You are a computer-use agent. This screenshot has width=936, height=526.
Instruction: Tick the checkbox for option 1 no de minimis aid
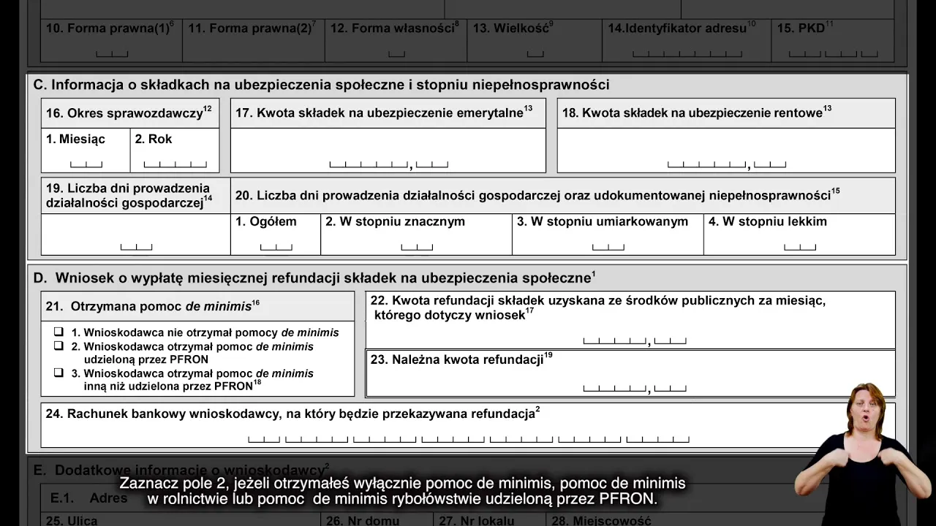pos(59,332)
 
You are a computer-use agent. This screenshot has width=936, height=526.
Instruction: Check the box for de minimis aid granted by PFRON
pos(59,346)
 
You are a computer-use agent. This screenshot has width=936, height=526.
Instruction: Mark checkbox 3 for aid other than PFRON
pos(59,373)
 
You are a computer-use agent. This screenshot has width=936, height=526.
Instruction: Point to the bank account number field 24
pos(468,438)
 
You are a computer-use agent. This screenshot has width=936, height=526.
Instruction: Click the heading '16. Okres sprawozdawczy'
pos(129,113)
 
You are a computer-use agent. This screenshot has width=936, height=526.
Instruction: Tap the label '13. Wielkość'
pos(513,28)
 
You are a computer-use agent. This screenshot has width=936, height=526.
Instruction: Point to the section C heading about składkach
pos(322,85)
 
